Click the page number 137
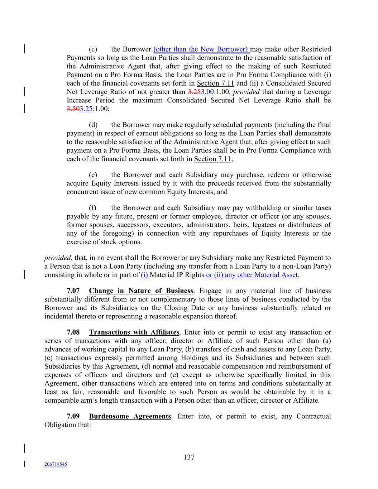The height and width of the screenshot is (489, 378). (x=189, y=457)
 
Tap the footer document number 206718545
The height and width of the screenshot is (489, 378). (x=56, y=464)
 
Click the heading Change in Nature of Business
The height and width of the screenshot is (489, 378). (x=141, y=291)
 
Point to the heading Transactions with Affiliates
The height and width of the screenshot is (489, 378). (x=134, y=332)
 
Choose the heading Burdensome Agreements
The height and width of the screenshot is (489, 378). (x=130, y=416)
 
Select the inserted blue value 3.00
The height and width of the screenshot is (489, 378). (x=207, y=92)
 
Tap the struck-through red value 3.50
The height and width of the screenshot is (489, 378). (x=73, y=109)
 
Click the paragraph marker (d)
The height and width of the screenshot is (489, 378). (x=93, y=125)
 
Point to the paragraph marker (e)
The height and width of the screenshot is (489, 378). (x=93, y=175)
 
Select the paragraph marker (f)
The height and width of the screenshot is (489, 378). (x=92, y=208)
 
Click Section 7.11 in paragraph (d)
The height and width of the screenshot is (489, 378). (x=212, y=159)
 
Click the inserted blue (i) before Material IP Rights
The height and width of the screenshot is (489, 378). (x=145, y=275)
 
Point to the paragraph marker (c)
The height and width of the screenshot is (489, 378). (x=93, y=49)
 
